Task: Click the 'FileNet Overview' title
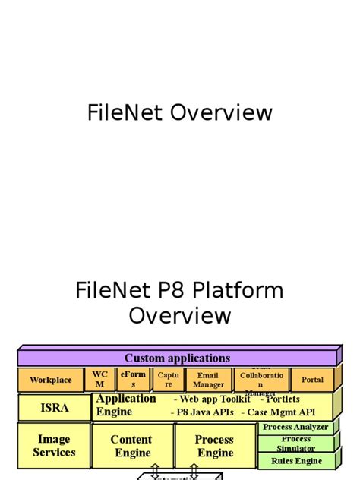pyautogui.click(x=180, y=113)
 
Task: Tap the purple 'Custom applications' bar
pyautogui.click(x=177, y=358)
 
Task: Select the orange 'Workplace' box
pyautogui.click(x=51, y=380)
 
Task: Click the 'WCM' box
pyautogui.click(x=99, y=379)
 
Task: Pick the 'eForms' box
pyautogui.click(x=133, y=379)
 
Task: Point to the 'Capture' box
pyautogui.click(x=169, y=379)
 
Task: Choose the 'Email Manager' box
pyautogui.click(x=208, y=380)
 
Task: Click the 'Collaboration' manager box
pyautogui.click(x=261, y=380)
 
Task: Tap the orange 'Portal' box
pyautogui.click(x=312, y=380)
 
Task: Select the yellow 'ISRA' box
pyautogui.click(x=54, y=408)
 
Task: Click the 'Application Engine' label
pyautogui.click(x=125, y=406)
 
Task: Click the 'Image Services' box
pyautogui.click(x=54, y=446)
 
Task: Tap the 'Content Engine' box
pyautogui.click(x=132, y=446)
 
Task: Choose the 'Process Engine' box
pyautogui.click(x=214, y=446)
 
